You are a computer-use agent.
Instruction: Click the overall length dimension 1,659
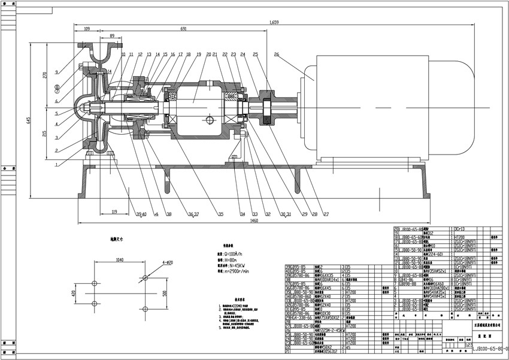click(274, 23)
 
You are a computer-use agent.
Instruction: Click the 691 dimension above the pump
click(182, 29)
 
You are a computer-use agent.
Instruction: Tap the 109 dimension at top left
click(87, 29)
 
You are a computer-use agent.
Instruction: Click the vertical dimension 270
click(43, 77)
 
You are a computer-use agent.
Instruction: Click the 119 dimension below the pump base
click(113, 211)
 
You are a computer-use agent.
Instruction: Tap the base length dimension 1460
click(253, 221)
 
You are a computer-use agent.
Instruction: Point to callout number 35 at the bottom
click(220, 214)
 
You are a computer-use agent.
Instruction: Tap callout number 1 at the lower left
click(56, 163)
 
